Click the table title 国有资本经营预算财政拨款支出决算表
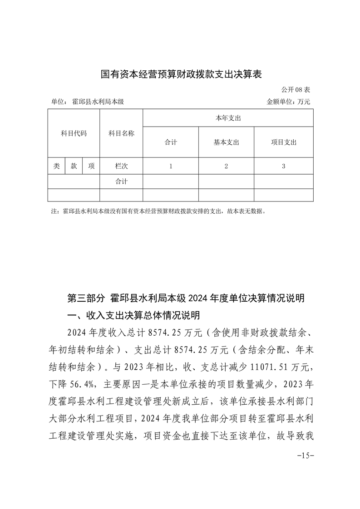(x=181, y=74)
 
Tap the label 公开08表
(x=296, y=90)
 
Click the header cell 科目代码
(x=74, y=133)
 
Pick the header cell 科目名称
(x=121, y=133)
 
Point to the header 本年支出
(x=228, y=118)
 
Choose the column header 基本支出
(x=226, y=142)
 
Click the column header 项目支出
(x=284, y=142)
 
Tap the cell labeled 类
(x=56, y=166)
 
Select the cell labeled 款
(x=74, y=166)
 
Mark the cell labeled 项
(x=91, y=166)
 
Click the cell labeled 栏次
(x=121, y=166)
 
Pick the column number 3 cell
(x=284, y=166)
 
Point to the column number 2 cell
(x=226, y=166)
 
